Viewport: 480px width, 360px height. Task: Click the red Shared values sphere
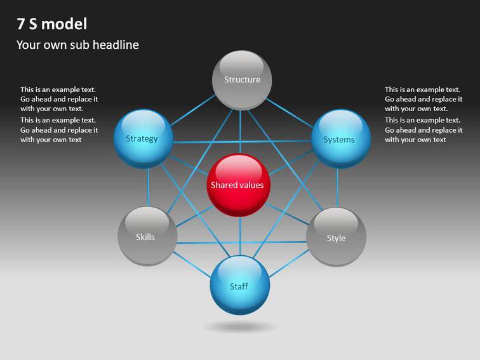239,185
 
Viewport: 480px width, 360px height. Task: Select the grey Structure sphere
241,80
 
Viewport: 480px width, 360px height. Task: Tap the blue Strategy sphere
143,138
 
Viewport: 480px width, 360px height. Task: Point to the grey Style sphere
336,237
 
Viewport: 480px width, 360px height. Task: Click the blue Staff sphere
240,285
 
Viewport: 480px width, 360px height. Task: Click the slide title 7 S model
52,24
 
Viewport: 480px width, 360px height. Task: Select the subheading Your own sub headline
77,44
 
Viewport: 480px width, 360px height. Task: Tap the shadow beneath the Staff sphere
240,327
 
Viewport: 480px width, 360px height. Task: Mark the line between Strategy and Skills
147,187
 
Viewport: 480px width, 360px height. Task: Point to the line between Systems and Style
337,187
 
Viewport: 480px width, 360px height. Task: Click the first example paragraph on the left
59,99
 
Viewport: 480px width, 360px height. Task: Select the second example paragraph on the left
59,130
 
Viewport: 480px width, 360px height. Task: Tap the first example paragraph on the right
423,99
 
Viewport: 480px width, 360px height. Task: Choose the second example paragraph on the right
423,130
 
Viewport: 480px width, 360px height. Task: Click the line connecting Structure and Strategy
192,109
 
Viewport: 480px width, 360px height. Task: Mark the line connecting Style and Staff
289,262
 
